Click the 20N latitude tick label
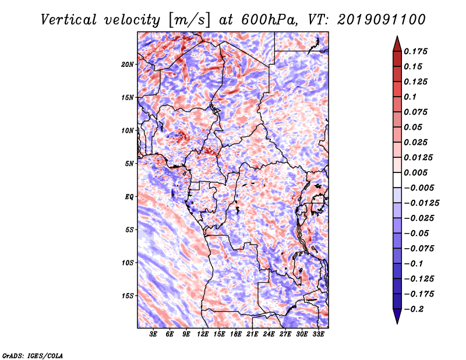point(127,65)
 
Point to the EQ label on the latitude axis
point(129,197)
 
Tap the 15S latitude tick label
point(128,296)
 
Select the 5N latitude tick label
point(129,164)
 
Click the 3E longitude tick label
point(153,334)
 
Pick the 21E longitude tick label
point(252,334)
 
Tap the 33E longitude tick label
point(318,334)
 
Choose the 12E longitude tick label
point(203,334)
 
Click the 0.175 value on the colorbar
point(415,51)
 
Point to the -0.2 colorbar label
point(414,309)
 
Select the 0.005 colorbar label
point(415,172)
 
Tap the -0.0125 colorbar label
point(421,203)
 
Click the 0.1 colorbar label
point(410,97)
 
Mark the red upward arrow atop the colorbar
point(397,44)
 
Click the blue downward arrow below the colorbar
point(397,316)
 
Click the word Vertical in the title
point(69,20)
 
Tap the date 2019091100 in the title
point(381,20)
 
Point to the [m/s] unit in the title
point(189,20)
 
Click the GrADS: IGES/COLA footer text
point(33,355)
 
